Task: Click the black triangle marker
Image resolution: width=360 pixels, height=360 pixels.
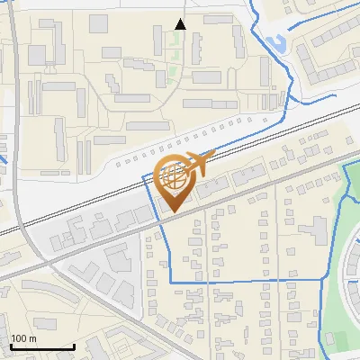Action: [x=181, y=24]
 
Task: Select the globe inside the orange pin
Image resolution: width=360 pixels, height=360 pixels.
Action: [x=175, y=177]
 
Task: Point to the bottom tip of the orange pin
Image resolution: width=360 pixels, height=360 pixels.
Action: [x=174, y=211]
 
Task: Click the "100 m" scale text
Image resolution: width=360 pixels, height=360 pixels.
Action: [x=23, y=338]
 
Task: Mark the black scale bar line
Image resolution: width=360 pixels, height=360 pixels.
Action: [x=41, y=346]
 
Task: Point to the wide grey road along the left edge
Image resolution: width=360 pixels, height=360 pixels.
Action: [x=18, y=135]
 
